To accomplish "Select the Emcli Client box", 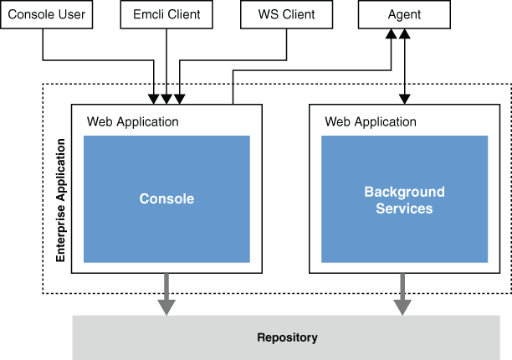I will (x=166, y=15).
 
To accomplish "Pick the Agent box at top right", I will (x=405, y=15).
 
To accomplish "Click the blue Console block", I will (x=166, y=199).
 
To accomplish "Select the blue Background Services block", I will (x=404, y=199).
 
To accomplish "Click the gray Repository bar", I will (x=287, y=337).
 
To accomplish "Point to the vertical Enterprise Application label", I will (x=60, y=200).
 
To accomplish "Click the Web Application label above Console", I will (x=133, y=121).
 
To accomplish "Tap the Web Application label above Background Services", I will (x=371, y=121).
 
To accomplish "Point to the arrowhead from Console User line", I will (x=155, y=99).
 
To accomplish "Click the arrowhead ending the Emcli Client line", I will (x=166, y=99).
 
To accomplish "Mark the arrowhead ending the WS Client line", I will (x=178, y=99).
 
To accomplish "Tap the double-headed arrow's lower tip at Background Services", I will (x=405, y=99).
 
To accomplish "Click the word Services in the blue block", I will (x=405, y=208).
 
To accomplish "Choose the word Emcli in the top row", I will (x=148, y=15).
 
